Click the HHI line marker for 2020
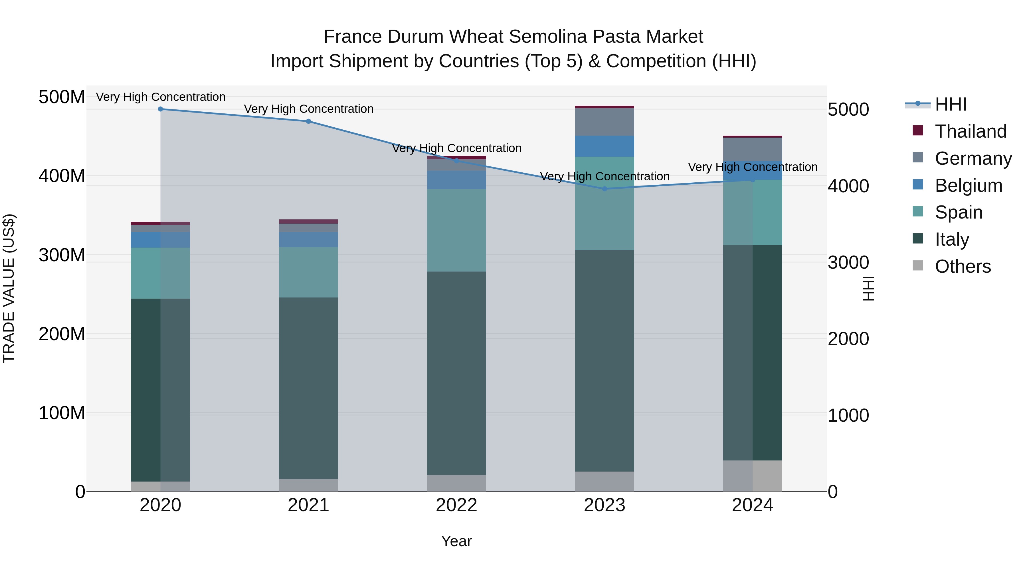tap(161, 109)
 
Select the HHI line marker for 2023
tap(605, 189)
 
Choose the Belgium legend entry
tap(969, 185)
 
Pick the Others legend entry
tap(963, 266)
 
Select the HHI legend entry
tap(951, 104)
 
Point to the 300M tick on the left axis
tap(62, 255)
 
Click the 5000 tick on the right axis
tap(848, 109)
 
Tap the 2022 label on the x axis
tap(456, 505)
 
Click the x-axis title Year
tap(456, 541)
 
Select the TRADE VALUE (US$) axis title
tap(9, 288)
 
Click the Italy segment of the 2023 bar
tap(605, 360)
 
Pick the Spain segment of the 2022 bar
tap(456, 230)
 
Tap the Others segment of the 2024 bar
tap(753, 476)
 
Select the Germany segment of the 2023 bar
tap(605, 122)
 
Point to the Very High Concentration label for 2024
tap(753, 167)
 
